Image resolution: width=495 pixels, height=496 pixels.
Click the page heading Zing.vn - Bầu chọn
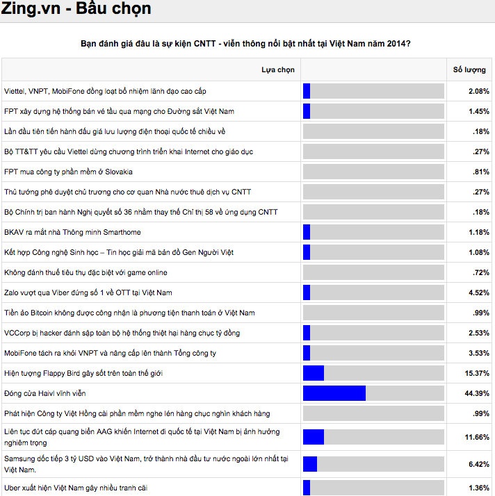tap(76, 10)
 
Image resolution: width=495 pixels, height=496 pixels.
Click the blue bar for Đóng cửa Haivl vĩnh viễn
tap(334, 393)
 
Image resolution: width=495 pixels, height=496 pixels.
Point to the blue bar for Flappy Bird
tap(314, 373)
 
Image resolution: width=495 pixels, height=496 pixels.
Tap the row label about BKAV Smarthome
tap(73, 232)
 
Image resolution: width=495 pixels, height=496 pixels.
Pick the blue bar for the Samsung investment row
tap(310, 463)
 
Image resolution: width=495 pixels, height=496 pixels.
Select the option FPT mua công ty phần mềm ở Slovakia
tap(68, 172)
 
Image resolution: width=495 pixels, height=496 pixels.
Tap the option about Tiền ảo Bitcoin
tap(129, 313)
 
